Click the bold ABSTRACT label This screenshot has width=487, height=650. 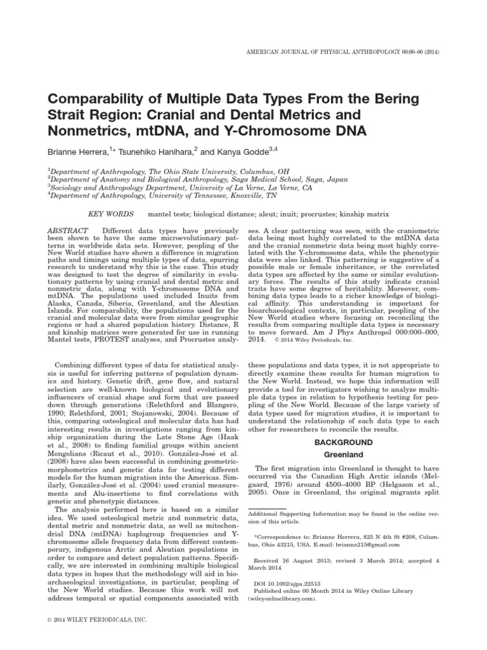coord(67,229)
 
